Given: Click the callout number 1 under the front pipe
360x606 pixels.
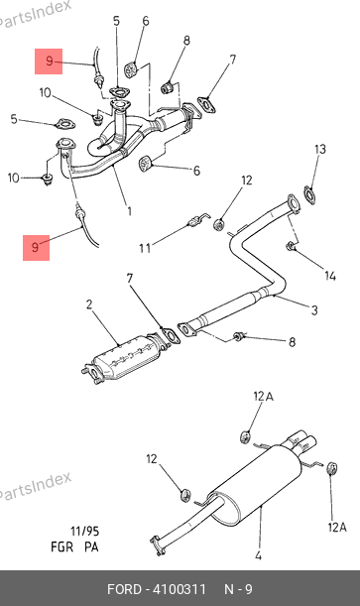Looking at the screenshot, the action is pos(129,211).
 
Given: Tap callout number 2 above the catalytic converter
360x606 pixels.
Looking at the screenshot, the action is pos(89,304).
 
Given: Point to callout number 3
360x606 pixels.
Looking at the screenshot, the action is pos(314,309).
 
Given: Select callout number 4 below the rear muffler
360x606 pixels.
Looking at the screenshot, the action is pos(259,555).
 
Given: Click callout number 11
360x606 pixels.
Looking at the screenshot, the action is pos(145,248).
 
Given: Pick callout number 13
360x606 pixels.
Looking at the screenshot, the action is pos(320,149).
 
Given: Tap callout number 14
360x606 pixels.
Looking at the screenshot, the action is pos(330,276).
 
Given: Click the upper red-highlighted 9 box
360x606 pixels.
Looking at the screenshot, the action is pos(49,61).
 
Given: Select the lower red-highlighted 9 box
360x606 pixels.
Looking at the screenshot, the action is pos(36,247).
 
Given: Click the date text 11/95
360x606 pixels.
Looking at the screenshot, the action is pos(84,532).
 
